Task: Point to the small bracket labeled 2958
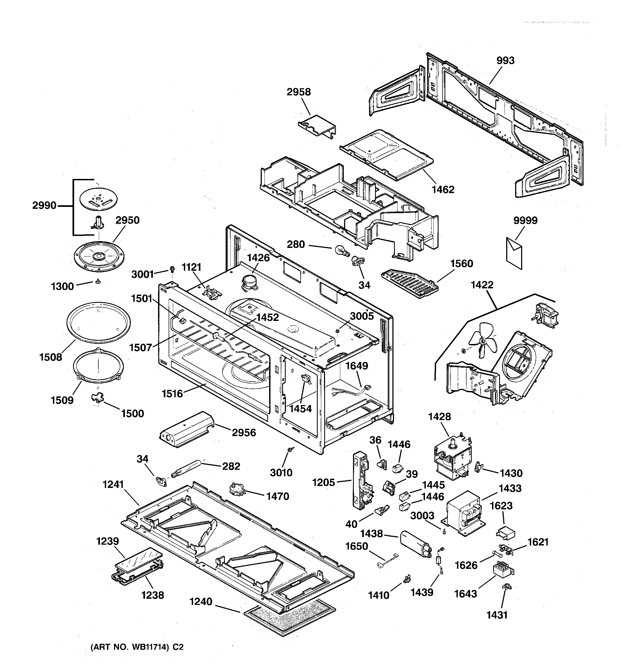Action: pos(317,126)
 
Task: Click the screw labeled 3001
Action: pos(172,269)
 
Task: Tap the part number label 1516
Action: pos(172,393)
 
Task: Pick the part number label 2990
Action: pos(44,205)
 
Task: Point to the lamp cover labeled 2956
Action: pos(187,429)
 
